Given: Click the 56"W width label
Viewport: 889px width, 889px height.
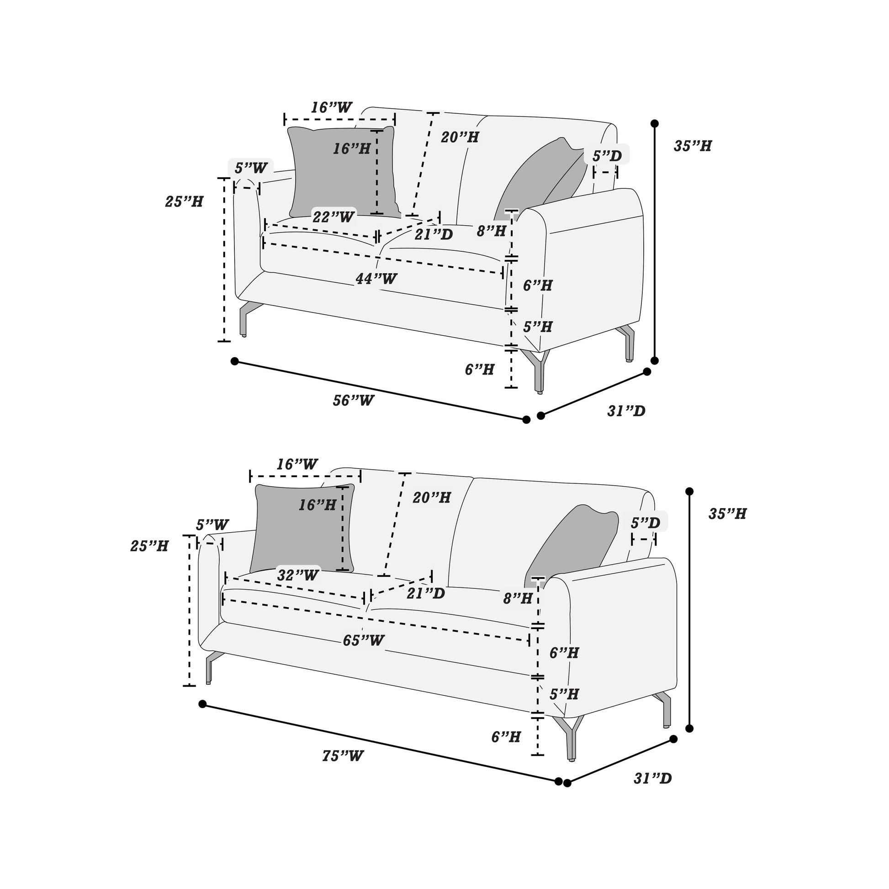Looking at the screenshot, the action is (x=354, y=400).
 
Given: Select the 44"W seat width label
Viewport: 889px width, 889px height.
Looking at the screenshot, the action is (x=376, y=278).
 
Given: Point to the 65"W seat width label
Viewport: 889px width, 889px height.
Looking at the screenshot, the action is (x=364, y=640).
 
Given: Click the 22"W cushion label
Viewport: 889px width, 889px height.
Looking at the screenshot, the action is (x=333, y=217).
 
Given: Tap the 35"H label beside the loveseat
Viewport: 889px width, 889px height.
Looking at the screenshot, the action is (x=693, y=146).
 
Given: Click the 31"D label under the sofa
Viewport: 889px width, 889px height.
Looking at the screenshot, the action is (x=652, y=778).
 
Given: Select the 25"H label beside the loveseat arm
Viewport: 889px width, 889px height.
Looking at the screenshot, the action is (x=184, y=201).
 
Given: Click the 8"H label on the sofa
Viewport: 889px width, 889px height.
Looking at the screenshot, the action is (x=518, y=598).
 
